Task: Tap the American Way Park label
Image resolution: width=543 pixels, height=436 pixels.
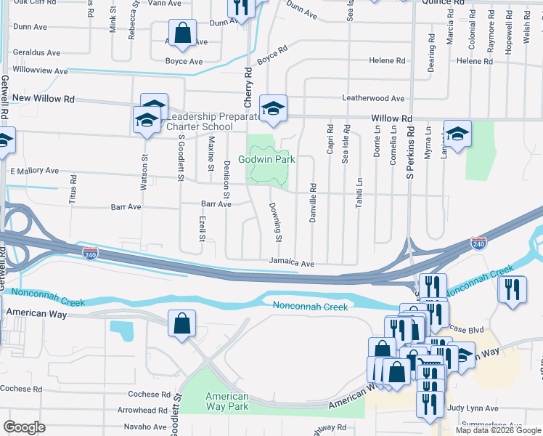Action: pos(227,401)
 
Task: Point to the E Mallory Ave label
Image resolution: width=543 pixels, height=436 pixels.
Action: pos(34,171)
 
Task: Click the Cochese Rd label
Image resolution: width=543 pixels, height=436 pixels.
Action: pos(149,394)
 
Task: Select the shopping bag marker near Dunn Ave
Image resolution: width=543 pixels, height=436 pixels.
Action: pos(182,33)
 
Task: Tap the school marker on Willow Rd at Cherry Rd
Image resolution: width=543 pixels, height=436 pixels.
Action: pos(273,108)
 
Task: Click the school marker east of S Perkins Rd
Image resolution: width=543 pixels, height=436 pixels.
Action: pos(457,134)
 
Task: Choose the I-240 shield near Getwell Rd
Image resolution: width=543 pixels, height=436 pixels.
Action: pos(90,254)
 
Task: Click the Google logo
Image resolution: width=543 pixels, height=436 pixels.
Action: pos(24,427)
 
